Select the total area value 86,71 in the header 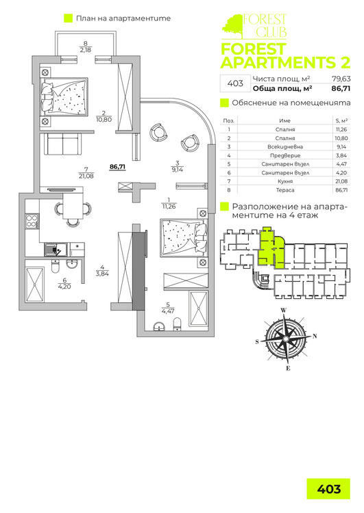(331, 88)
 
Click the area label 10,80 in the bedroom (104, 119)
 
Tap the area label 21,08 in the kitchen (86, 175)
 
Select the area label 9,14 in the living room (177, 168)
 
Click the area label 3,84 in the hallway (102, 274)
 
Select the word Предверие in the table (287, 155)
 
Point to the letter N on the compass (315, 336)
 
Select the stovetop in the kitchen (31, 222)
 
